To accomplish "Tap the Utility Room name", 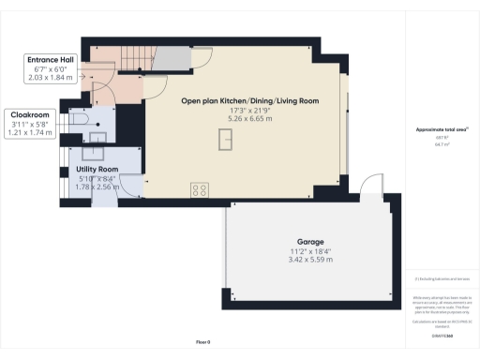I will (x=96, y=171).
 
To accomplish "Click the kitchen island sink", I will (x=224, y=140).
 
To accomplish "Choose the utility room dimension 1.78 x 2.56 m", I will (x=96, y=187).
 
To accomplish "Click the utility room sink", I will (x=95, y=151).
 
